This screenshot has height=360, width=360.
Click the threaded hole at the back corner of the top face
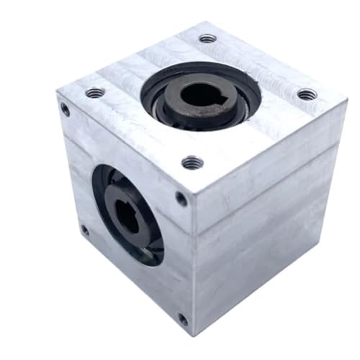[207, 38]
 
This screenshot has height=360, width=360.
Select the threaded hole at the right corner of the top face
[307, 94]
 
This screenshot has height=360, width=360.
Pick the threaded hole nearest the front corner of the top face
[192, 163]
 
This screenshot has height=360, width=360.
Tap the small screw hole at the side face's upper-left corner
[65, 109]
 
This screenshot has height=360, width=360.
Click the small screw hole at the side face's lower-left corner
[84, 230]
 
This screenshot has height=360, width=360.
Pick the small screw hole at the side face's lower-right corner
[183, 319]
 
